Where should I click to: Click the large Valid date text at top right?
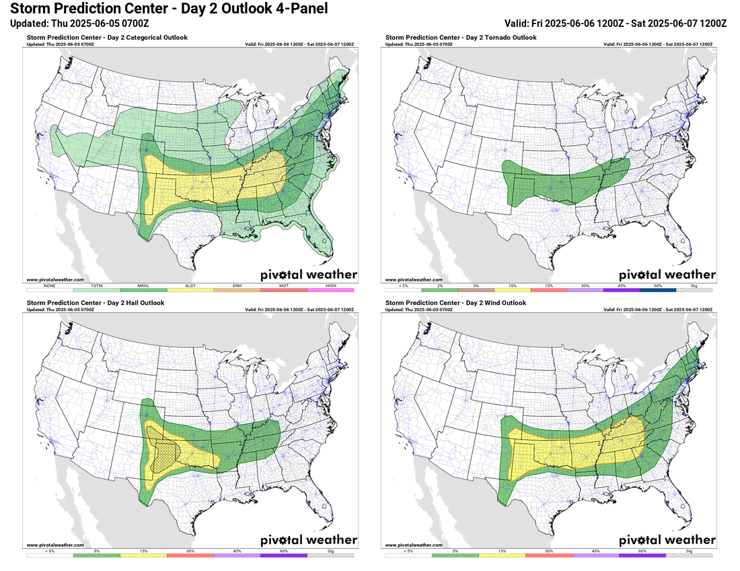(615, 23)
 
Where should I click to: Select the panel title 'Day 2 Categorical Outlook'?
(107, 38)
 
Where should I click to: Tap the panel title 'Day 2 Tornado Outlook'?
(461, 38)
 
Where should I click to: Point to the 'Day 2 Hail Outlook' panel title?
(96, 303)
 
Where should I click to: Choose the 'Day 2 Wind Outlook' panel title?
(455, 303)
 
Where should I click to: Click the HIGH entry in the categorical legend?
(330, 289)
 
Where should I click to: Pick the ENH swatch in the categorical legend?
(237, 289)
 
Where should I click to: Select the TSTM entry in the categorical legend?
(96, 289)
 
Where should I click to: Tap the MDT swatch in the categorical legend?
(283, 289)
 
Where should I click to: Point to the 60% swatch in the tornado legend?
(657, 289)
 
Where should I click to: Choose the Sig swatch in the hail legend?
(330, 555)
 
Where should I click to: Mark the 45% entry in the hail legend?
(237, 555)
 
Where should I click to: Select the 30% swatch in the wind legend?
(548, 555)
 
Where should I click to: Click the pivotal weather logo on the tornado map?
(667, 274)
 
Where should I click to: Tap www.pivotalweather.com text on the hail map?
(55, 545)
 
